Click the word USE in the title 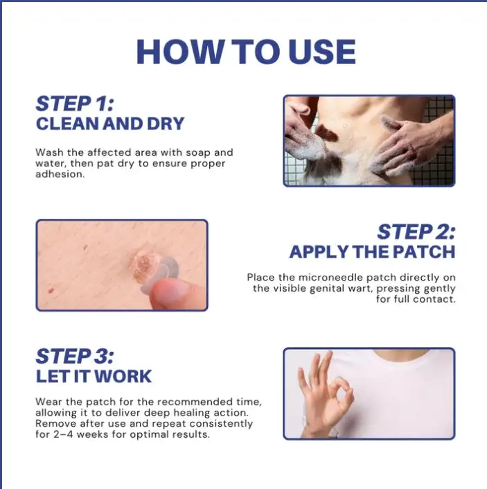[x=321, y=52]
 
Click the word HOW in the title [x=179, y=52]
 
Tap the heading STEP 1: [x=75, y=103]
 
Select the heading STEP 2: [x=416, y=232]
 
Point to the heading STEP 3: [x=75, y=356]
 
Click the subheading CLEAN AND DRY [x=110, y=124]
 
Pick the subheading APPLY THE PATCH [x=372, y=251]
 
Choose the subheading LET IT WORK [x=94, y=376]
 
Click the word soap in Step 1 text [x=198, y=153]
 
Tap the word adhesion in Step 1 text [x=60, y=174]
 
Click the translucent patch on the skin [x=156, y=272]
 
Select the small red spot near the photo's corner [x=51, y=291]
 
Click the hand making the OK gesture [x=324, y=393]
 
